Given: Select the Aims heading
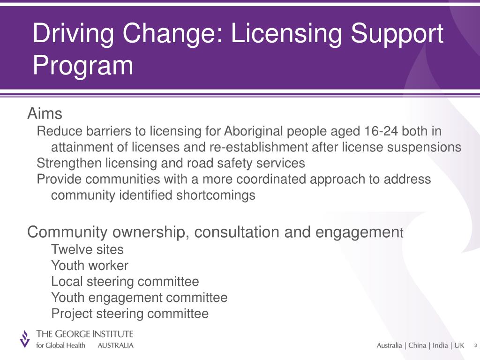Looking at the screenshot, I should tap(45, 113).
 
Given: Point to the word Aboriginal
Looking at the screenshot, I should tap(253, 131).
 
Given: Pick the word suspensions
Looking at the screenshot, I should tap(424, 147).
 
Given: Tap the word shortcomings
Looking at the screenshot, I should tap(216, 195).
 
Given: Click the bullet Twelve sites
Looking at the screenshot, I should tap(87, 249).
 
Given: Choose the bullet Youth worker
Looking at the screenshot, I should tap(90, 265).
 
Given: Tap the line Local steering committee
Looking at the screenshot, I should tap(125, 281).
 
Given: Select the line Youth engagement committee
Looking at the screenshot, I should tap(139, 297).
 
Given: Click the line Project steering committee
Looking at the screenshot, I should tap(129, 313).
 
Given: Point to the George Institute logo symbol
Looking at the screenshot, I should tap(24, 338).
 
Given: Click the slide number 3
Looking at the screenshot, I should tap(475, 345).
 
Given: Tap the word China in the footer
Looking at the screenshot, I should tap(417, 345).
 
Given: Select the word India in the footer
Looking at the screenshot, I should tap(440, 345).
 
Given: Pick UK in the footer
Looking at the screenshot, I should tap(459, 345).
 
